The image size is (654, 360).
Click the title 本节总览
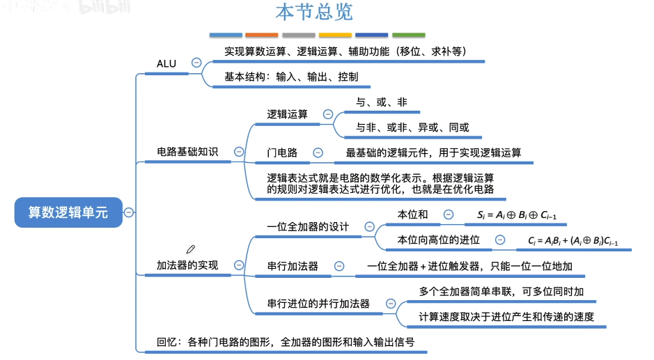314,13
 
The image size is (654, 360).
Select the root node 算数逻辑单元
68,213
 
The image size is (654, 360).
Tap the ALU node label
166,63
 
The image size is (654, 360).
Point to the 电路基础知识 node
187,152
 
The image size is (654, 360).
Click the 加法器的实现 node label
187,265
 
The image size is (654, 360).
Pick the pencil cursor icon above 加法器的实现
191,249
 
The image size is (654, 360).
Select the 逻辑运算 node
287,114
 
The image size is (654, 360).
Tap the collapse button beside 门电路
318,152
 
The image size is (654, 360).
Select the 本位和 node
412,215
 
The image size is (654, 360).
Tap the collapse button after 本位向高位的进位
499,240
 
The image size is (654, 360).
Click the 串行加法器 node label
293,266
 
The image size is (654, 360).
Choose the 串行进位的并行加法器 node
318,304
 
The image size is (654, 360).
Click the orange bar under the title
262,35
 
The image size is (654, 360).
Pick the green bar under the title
408,35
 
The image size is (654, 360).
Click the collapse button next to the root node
130,213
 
